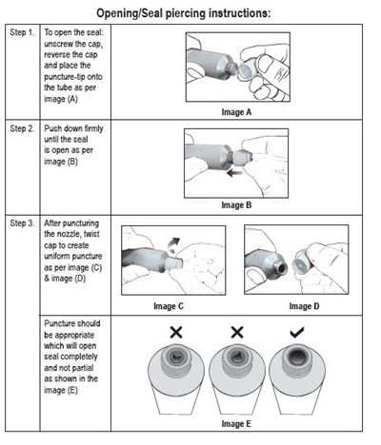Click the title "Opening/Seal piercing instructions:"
pos(184,13)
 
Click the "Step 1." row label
pos(22,32)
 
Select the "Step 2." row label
pos(22,128)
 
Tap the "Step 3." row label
pos(22,223)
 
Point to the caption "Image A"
pos(236,112)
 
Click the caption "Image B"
pos(236,205)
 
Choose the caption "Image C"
pos(169,306)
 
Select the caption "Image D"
pos(304,306)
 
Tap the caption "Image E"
pos(236,424)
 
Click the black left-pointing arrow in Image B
pos(234,173)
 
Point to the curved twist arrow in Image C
pos(173,244)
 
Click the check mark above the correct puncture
pos(297,332)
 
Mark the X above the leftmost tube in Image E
pos(176,332)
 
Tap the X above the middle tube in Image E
pos(237,332)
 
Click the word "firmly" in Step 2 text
pos(93,128)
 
